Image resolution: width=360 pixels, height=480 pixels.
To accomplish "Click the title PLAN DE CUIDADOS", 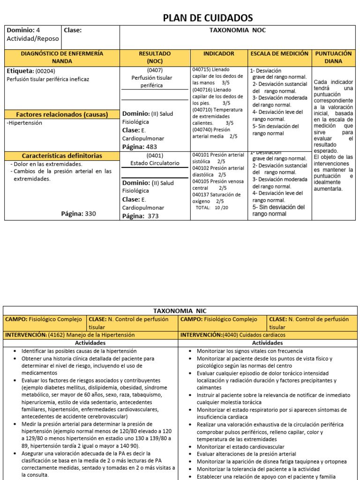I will coord(207,18).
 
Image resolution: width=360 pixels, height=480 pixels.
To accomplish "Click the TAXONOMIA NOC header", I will coord(239,30).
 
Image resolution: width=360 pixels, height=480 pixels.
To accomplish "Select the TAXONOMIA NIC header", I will coord(180,311).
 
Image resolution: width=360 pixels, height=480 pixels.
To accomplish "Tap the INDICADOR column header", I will coord(218,54).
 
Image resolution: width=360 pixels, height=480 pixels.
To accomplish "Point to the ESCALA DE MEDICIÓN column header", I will coord(279,54).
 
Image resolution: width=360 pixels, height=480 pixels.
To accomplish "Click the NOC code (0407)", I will coord(154,70).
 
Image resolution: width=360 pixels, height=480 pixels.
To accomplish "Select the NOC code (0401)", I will coord(154,155).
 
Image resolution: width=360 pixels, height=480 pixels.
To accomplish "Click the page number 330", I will coord(90,214).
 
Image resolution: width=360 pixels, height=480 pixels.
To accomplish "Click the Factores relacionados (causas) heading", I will coord(62,114).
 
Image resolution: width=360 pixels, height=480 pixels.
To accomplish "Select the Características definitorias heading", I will coord(62,156).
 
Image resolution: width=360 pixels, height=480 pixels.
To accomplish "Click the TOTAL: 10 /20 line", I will coord(212,207).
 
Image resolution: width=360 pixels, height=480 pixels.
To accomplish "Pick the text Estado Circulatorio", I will coord(155,163).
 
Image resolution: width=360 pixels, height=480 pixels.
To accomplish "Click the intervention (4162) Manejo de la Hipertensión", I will coord(90,335).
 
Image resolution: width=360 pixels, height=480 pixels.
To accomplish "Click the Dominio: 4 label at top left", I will coord(23,30).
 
